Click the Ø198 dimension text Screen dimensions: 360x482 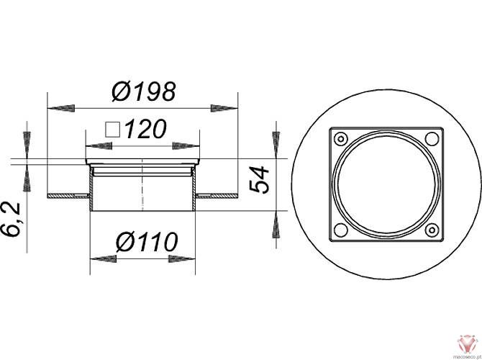(144, 92)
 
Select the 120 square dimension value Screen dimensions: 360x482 (146, 130)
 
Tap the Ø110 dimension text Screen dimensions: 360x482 (147, 243)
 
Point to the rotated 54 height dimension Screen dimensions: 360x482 (260, 178)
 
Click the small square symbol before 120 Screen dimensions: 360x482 (112, 130)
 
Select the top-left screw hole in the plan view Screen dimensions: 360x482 (342, 138)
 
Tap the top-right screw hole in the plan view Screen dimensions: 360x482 (432, 138)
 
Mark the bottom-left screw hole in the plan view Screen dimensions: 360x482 (342, 230)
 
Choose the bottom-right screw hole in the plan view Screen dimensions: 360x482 (432, 230)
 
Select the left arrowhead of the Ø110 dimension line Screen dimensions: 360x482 (101, 257)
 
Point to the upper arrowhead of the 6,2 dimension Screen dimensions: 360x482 (27, 137)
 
